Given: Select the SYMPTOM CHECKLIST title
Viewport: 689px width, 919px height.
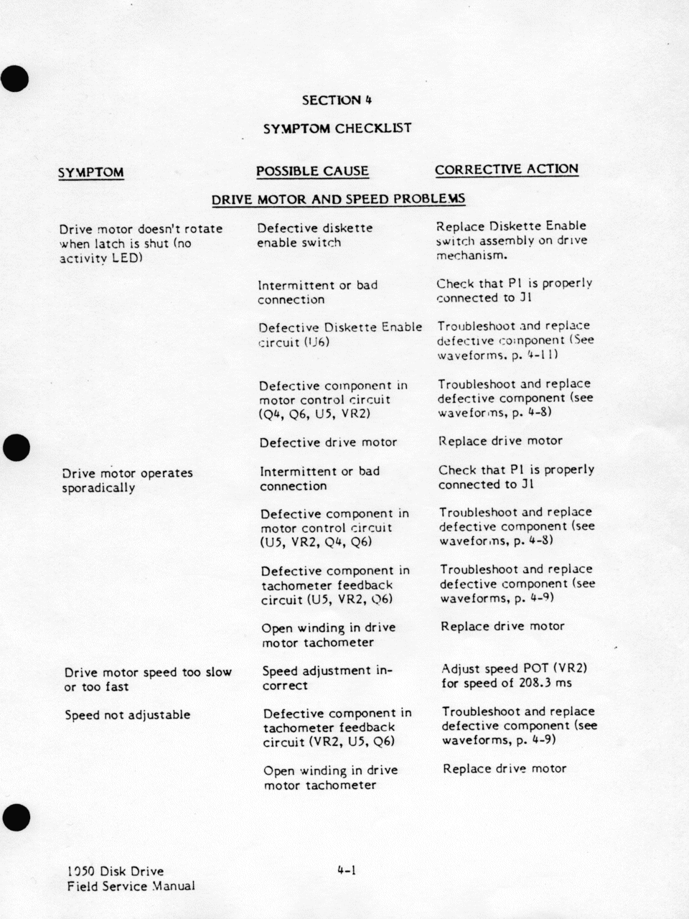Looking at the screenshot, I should point(337,129).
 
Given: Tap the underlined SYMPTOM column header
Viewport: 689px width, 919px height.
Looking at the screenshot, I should point(90,172).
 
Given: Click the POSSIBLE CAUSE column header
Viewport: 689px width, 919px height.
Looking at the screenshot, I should point(312,171).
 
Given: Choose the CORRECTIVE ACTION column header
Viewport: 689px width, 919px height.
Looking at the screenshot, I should point(506,169).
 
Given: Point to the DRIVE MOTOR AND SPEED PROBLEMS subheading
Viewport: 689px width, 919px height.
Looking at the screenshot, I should point(338,199).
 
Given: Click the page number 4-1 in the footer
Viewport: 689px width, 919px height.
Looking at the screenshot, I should point(347,871).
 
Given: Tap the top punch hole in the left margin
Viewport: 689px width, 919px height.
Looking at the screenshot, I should point(15,78).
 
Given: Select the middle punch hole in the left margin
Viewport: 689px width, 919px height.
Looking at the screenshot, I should point(15,447).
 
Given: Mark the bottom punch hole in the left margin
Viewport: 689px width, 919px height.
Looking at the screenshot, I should point(15,816).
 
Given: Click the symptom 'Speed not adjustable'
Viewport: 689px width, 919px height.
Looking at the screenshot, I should point(127,715).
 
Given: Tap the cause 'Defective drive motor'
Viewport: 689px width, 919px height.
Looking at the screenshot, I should point(328,442).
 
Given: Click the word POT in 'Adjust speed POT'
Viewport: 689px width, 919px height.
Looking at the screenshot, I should point(535,668).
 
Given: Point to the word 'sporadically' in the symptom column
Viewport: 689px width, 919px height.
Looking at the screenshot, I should point(98,488).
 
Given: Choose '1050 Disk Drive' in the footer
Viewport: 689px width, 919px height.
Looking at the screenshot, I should point(115,872).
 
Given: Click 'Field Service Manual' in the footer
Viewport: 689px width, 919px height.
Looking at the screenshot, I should point(131,886).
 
